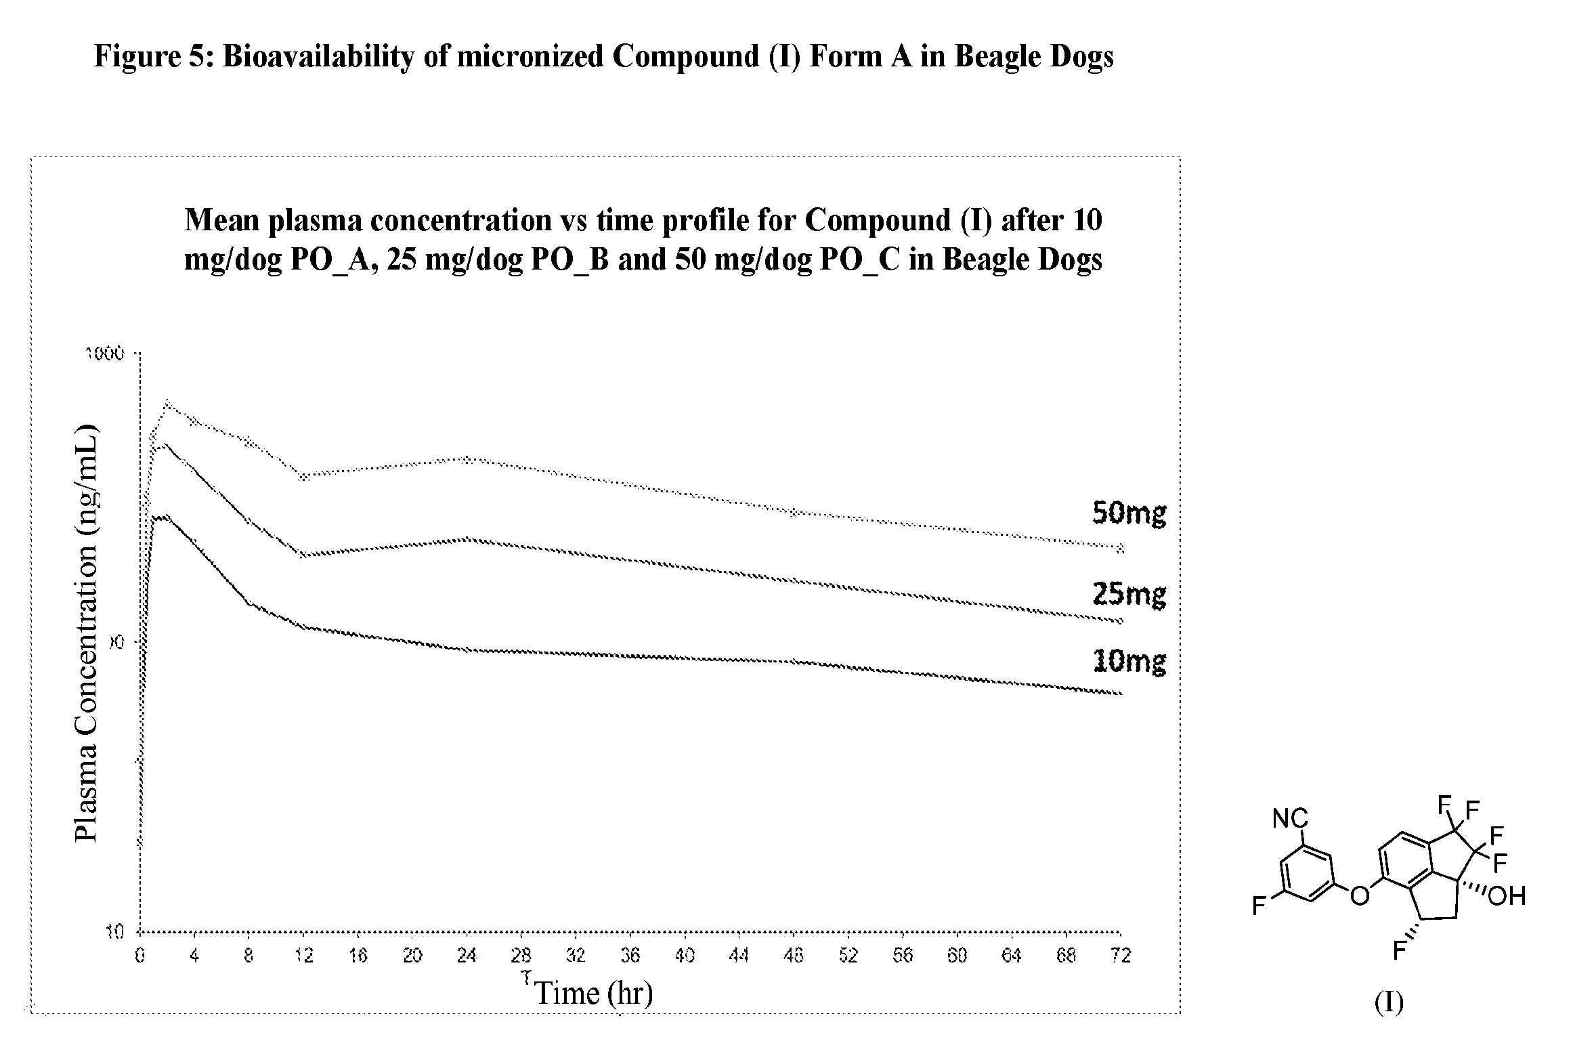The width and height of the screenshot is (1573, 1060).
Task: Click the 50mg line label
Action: [x=1129, y=514]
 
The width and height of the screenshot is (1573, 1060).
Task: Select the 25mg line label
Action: [x=1129, y=595]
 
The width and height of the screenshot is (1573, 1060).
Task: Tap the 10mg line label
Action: [x=1129, y=660]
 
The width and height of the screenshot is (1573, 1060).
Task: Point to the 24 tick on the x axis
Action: [x=467, y=956]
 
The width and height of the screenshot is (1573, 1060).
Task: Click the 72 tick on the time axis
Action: [x=1121, y=956]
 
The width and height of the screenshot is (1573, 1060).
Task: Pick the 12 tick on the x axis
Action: [x=304, y=956]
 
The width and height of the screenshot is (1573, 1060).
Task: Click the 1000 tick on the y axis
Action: [x=105, y=354]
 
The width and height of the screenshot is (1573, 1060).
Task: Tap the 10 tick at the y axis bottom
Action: [x=115, y=933]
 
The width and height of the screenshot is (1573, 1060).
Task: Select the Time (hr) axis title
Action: [x=594, y=994]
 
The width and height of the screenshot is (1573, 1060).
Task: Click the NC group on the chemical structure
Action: [x=1291, y=819]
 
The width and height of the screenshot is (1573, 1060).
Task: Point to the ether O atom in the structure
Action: [x=1359, y=896]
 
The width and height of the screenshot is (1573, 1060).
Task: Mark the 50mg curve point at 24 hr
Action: [x=467, y=459]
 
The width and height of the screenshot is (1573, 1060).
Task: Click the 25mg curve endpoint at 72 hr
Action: [x=1121, y=620]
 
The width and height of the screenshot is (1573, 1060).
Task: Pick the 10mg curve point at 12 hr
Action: [x=304, y=627]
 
